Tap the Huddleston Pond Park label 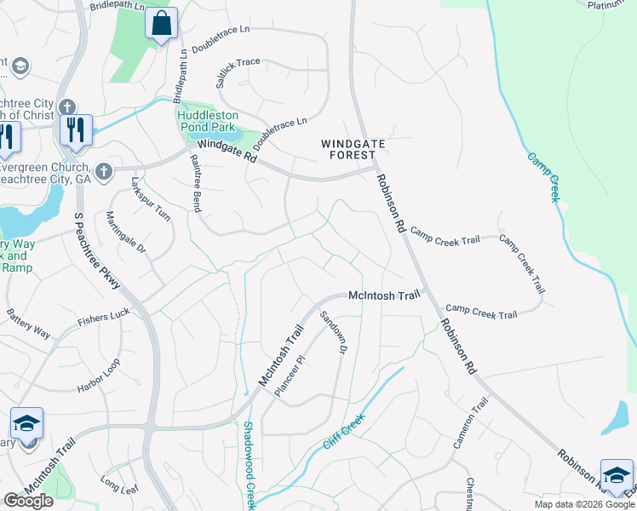pyautogui.click(x=210, y=121)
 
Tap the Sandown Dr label pyautogui.click(x=332, y=333)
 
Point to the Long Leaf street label pyautogui.click(x=118, y=485)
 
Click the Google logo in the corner pyautogui.click(x=27, y=501)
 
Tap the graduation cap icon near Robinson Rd pyautogui.click(x=617, y=474)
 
